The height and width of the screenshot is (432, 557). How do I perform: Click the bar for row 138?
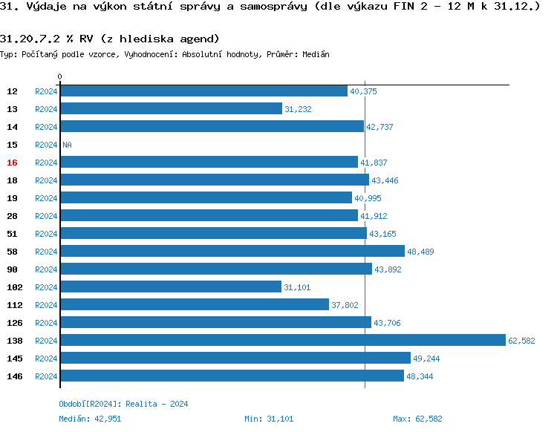(282, 340)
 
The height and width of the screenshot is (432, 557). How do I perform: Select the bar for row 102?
(171, 287)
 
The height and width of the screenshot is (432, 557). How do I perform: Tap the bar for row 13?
(171, 108)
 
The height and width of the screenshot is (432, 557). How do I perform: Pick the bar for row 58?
(232, 251)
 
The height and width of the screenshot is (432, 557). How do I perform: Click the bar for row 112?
(194, 304)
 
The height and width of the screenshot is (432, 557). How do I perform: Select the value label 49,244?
(427, 359)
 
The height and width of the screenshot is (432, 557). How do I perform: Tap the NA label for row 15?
(67, 145)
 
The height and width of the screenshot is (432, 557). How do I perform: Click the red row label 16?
(12, 163)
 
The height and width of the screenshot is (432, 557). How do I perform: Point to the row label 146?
(14, 376)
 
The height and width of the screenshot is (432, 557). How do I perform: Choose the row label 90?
(12, 269)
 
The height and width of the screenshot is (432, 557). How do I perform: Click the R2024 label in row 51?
(46, 234)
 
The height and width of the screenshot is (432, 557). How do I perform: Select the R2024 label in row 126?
(46, 323)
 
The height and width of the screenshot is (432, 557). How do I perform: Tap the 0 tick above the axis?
(60, 77)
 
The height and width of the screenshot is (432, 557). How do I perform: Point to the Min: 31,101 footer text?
(269, 419)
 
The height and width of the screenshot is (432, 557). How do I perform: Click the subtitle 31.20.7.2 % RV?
(110, 38)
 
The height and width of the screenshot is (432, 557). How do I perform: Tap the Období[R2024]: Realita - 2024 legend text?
(123, 404)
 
